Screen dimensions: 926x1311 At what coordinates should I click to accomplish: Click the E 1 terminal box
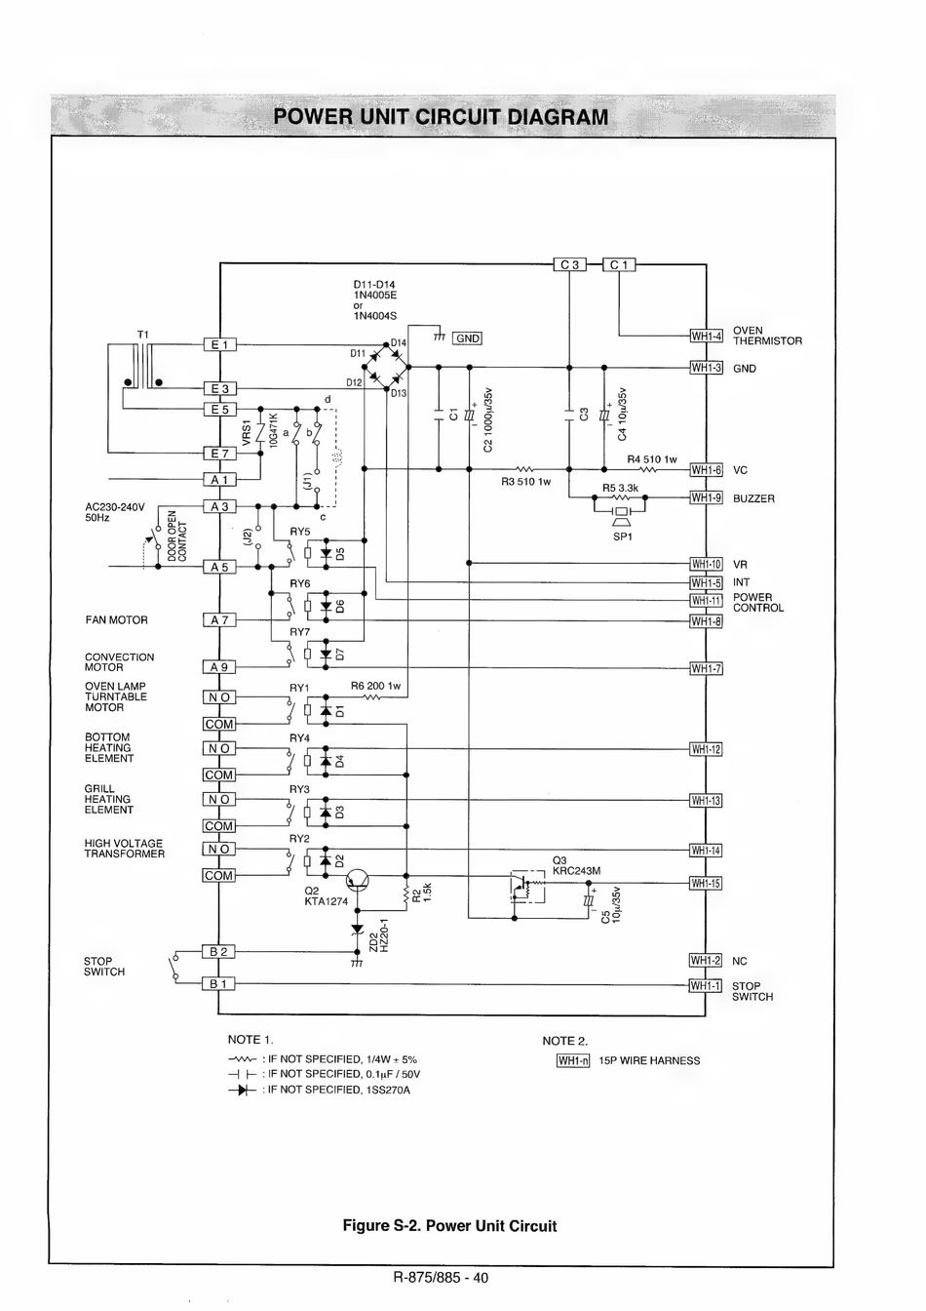pyautogui.click(x=219, y=344)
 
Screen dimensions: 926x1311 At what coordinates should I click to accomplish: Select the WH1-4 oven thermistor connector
pyautogui.click(x=707, y=336)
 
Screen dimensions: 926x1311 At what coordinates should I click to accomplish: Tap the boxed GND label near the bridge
pyautogui.click(x=468, y=338)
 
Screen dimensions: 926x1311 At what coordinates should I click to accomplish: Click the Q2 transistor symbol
pyautogui.click(x=357, y=880)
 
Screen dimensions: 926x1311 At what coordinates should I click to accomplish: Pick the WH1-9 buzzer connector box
pyautogui.click(x=707, y=497)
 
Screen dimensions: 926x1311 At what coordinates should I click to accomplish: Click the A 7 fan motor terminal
pyautogui.click(x=219, y=619)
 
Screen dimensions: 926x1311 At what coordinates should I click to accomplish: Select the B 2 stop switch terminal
pyautogui.click(x=218, y=952)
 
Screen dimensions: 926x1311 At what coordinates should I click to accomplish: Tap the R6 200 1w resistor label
pyautogui.click(x=375, y=686)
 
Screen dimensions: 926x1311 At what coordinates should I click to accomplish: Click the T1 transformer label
pyautogui.click(x=143, y=335)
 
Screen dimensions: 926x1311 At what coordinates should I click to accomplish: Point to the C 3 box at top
pyautogui.click(x=570, y=264)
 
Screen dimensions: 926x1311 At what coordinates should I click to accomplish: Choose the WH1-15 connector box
pyautogui.click(x=706, y=883)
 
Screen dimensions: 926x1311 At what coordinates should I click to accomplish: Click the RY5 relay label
pyautogui.click(x=300, y=532)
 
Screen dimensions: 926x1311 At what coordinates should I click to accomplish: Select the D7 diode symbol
pyautogui.click(x=326, y=655)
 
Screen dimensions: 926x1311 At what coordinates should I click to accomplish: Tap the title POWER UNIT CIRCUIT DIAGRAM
pyautogui.click(x=441, y=117)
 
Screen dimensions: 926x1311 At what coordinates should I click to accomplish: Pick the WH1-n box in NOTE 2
pyautogui.click(x=573, y=1060)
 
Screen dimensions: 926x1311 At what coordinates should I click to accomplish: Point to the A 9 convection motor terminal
pyautogui.click(x=219, y=666)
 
